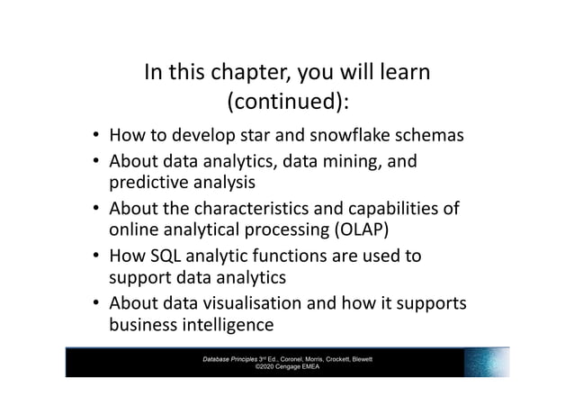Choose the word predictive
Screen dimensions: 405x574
151,184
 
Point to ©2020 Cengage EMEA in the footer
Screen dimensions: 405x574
287,367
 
